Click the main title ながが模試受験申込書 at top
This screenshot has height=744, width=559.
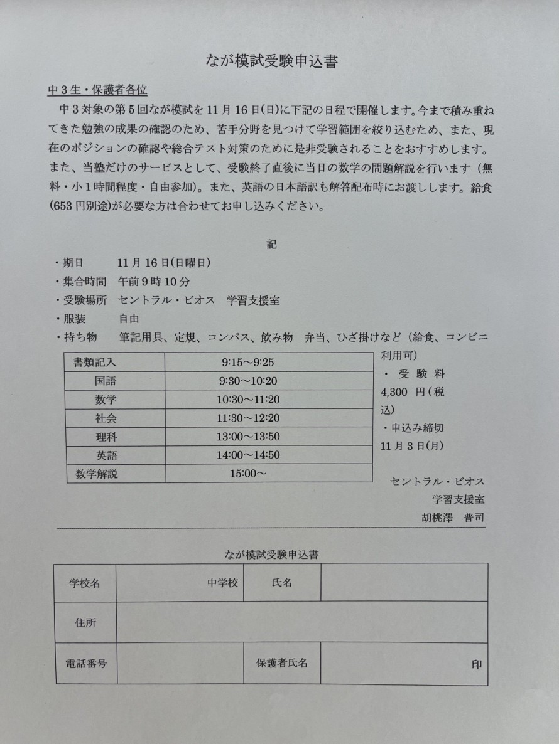coord(277,61)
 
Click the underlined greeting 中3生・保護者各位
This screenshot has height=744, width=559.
coord(98,89)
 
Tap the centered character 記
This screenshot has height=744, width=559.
coord(271,245)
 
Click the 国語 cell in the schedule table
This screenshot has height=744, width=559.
coord(106,381)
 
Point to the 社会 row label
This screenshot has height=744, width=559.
coord(106,418)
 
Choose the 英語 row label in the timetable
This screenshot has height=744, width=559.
coord(106,455)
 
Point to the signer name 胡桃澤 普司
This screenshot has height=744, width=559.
coord(453,518)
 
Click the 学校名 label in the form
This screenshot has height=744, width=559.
coord(85,583)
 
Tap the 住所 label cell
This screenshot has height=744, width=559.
coord(85,623)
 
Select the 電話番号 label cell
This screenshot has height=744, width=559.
coord(85,663)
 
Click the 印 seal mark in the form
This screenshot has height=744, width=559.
coord(477,664)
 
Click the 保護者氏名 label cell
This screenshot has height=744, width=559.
coord(281,663)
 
